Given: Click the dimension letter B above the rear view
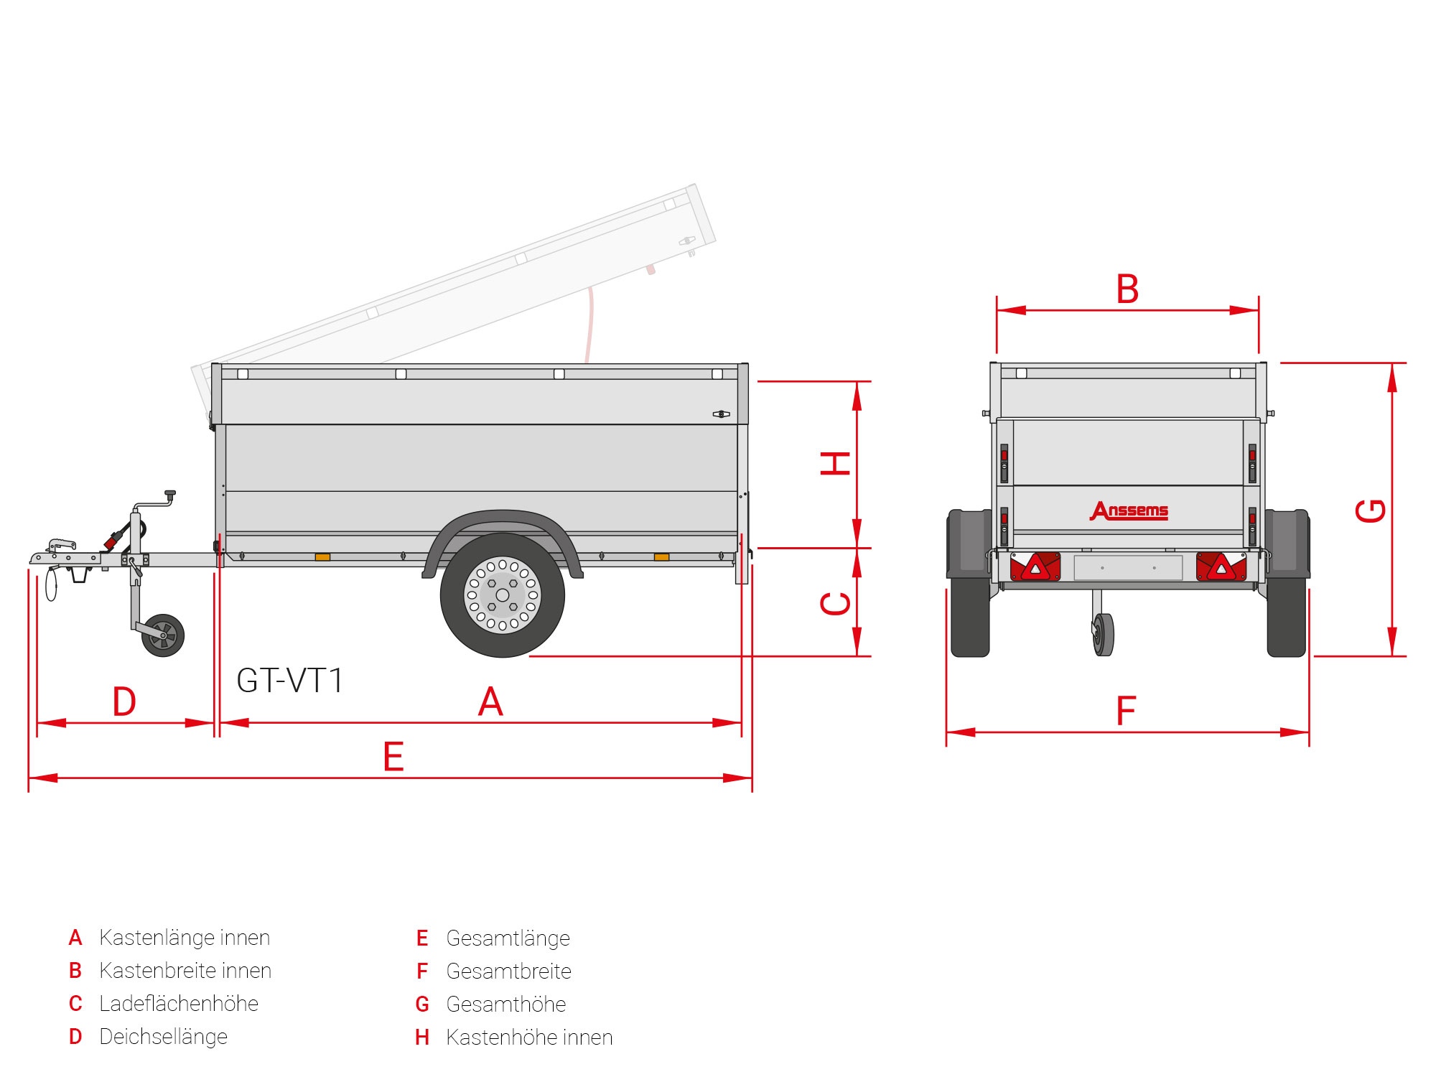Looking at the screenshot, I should [1127, 289].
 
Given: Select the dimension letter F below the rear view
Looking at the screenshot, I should [1126, 711].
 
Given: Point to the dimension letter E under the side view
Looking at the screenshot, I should [393, 757].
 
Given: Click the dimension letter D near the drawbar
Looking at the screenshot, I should [124, 701].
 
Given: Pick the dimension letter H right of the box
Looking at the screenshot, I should [836, 464].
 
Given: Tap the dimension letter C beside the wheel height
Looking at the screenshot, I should [836, 603].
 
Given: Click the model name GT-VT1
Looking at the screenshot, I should [290, 680].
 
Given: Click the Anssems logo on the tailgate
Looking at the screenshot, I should [1129, 510].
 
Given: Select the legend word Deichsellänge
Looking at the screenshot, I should [163, 1037].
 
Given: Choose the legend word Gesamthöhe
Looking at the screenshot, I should [505, 1004].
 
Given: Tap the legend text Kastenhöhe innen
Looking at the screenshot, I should [528, 1037].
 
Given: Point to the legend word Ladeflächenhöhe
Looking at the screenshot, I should [178, 1004].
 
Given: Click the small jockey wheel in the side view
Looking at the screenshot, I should [163, 635].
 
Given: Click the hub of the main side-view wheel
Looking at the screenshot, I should [503, 595].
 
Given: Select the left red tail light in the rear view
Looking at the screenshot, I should [1035, 567].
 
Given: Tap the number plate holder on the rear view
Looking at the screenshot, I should [1128, 567].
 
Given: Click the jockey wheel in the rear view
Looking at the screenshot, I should [1104, 634].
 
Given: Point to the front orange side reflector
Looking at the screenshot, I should [322, 557].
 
